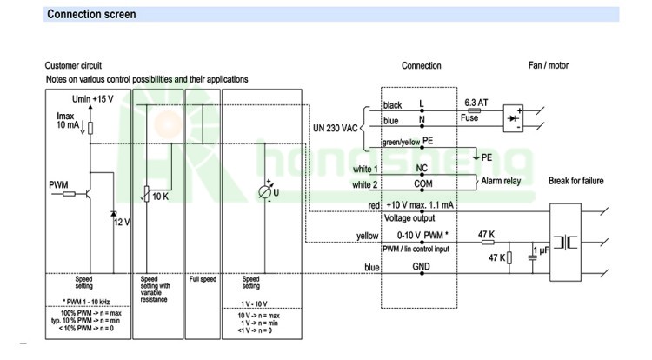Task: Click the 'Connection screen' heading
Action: coord(90,15)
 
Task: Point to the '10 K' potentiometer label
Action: coord(160,197)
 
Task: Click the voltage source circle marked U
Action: coord(266,192)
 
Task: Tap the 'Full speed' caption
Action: coord(203,280)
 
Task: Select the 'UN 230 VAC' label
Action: coord(335,128)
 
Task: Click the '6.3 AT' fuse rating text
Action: coord(476,102)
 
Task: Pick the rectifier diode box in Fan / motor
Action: coord(515,119)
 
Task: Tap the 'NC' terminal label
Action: coord(422,168)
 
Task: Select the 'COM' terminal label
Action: coord(422,184)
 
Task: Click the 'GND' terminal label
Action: coord(422,267)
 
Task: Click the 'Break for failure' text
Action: coord(575,180)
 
